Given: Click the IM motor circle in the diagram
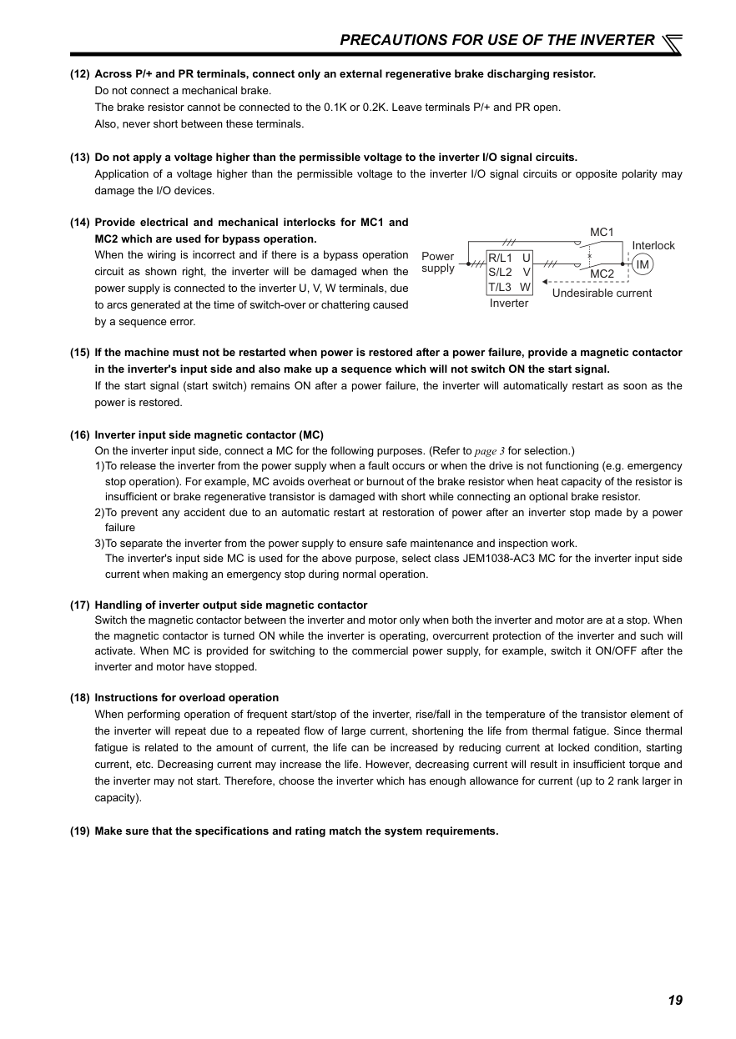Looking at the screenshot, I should pos(642,264).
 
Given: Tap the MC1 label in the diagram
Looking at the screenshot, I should pos(602,231).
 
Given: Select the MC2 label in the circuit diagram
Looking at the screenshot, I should pos(602,274).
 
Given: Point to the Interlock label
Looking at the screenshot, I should pos(653,245).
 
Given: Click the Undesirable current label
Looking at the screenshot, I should pos(602,294).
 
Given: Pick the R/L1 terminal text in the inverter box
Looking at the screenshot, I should pos(502,258).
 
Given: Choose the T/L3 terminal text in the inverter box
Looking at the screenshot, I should pos(502,286).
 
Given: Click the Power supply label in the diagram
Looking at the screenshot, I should pos(438,262).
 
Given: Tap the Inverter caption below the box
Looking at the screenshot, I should pos(509,304).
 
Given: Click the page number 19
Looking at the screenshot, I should pos(675,1000).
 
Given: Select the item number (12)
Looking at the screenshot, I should pos(80,74).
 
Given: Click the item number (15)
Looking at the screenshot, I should pos(80,353).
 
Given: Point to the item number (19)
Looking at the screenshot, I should pos(80,831).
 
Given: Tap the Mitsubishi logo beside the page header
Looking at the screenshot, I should pos(671,42).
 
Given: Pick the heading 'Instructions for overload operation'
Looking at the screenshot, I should pos(187,698).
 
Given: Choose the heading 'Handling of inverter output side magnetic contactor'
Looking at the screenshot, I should pos(231,605).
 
